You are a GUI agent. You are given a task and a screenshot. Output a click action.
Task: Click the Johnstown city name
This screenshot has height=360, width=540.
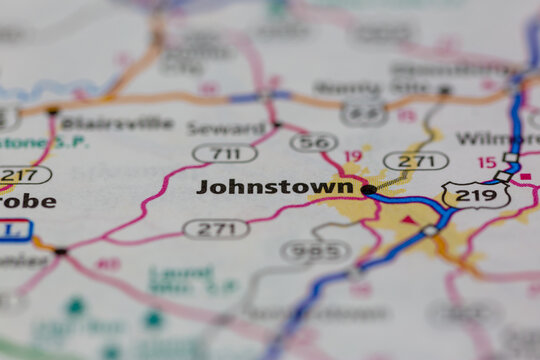tap(274, 187)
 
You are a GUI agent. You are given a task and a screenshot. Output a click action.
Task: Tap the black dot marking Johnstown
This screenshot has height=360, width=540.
tap(368, 189)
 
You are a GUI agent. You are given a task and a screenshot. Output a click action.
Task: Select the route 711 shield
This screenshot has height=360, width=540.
tap(224, 153)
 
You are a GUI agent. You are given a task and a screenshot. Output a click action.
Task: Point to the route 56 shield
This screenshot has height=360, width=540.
tap(313, 142)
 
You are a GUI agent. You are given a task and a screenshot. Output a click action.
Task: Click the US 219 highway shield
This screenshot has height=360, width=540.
tap(475, 195)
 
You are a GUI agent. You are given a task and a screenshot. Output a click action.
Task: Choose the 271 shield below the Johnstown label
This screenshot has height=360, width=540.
tap(216, 229)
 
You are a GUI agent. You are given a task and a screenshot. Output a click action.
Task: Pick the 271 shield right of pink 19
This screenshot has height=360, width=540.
tap(416, 160)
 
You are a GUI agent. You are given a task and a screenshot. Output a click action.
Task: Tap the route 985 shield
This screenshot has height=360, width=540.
tap(316, 251)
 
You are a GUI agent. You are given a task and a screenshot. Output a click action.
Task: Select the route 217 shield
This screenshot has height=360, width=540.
tap(23, 174)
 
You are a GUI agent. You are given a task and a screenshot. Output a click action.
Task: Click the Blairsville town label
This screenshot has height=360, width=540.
tap(102, 123)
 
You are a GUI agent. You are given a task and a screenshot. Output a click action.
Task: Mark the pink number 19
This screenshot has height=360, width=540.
tap(353, 156)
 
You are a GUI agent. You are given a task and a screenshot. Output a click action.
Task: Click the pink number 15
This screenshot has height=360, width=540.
tap(486, 162)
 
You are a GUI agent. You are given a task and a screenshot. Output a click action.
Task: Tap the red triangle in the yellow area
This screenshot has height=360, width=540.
tap(408, 220)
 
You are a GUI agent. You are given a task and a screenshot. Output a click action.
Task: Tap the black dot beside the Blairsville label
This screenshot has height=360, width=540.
tap(53, 110)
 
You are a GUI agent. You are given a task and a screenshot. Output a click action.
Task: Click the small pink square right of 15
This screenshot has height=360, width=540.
tap(524, 178)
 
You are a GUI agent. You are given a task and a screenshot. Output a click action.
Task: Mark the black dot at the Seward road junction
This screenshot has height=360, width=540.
tap(277, 125)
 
